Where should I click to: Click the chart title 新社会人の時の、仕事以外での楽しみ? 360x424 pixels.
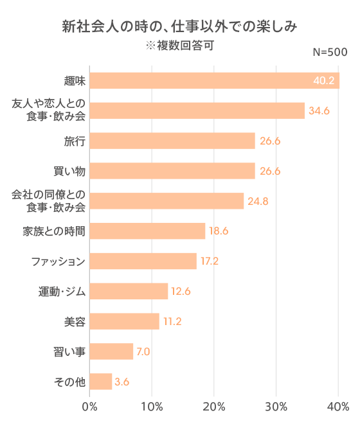[179, 26]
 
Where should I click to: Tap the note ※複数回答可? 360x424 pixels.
[179, 46]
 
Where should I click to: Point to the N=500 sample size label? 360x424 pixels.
[329, 52]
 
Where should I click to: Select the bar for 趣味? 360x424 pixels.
[214, 81]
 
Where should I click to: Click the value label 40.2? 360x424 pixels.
[324, 81]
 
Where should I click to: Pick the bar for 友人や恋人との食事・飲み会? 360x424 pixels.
[197, 110]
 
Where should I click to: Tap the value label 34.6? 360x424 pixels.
[319, 110]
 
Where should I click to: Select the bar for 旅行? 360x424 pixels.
[172, 141]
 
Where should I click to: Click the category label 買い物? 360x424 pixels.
[69, 171]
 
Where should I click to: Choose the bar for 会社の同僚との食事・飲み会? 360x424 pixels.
[167, 201]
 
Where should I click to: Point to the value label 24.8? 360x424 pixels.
[258, 201]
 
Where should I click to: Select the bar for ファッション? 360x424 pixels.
[143, 261]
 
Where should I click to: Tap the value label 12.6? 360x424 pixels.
[181, 291]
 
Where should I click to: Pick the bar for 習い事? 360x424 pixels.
[111, 351]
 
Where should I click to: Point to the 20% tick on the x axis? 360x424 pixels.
[214, 406]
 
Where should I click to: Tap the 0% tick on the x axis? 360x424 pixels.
[89, 406]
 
